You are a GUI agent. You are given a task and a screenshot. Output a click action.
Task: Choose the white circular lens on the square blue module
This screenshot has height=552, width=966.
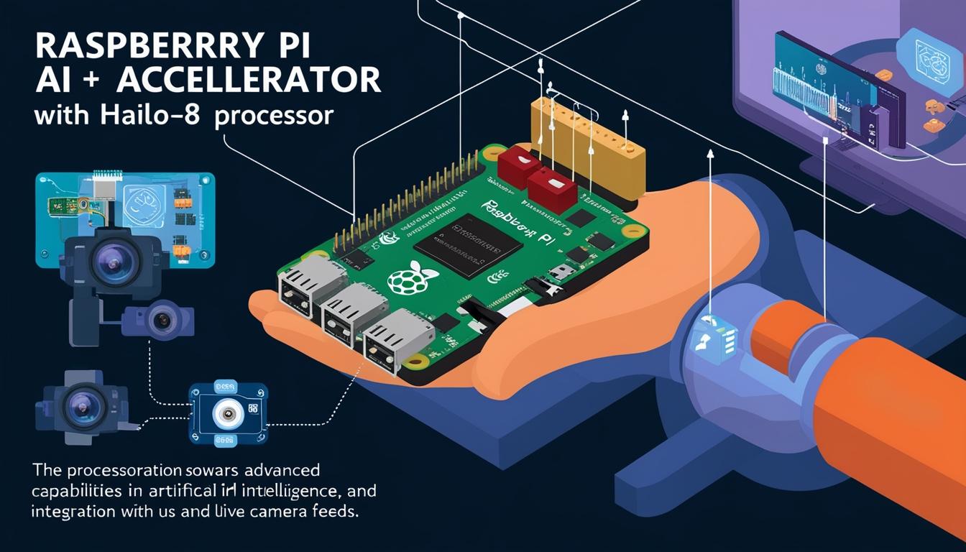(x=228, y=415)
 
